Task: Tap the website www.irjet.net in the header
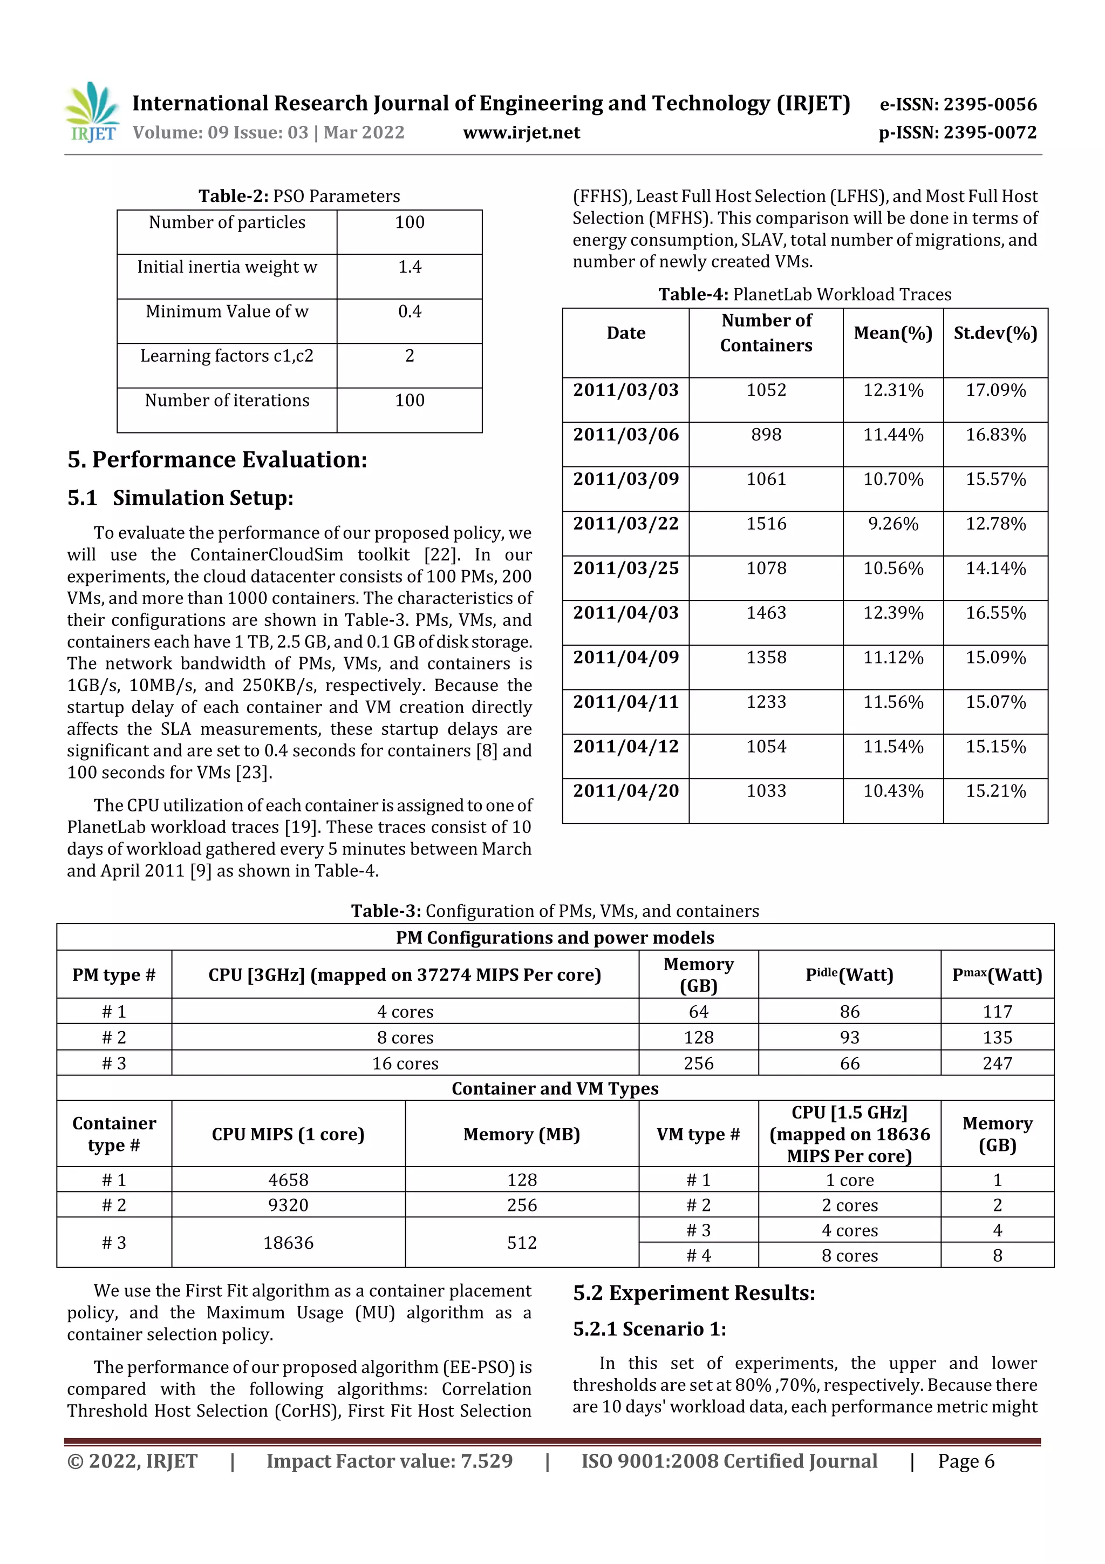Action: (522, 132)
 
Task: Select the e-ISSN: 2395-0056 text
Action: (958, 104)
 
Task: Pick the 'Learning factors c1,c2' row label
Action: (227, 356)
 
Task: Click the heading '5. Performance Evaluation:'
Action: (217, 460)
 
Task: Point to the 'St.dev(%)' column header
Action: (995, 333)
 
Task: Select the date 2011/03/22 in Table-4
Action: (626, 524)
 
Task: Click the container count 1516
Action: (766, 524)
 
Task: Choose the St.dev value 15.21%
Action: (995, 791)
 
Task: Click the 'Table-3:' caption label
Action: (386, 911)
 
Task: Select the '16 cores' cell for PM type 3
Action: (405, 1064)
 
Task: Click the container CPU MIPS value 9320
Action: (288, 1205)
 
